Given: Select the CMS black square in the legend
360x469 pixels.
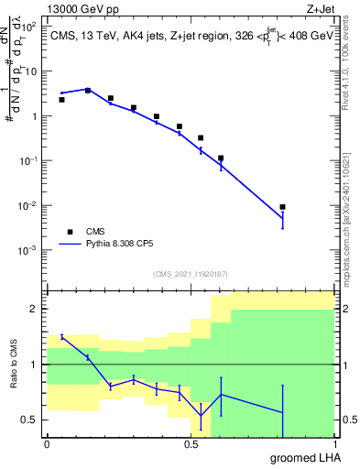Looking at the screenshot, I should (x=69, y=233).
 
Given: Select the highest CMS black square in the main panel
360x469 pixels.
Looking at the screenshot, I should (x=88, y=90).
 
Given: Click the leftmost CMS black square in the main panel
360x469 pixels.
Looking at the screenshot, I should (x=61, y=99).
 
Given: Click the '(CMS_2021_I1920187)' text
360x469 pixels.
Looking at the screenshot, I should (x=190, y=273).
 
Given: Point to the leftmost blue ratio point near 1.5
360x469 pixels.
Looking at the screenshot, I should (x=61, y=336).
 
